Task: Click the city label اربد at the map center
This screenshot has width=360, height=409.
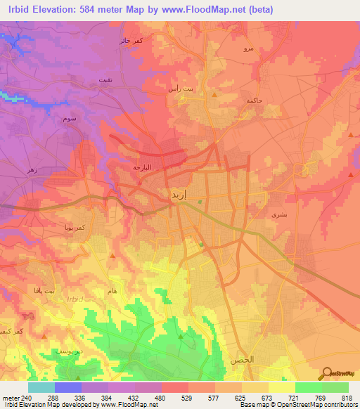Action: pos(178,194)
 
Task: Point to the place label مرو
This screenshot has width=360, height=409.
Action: pos(247,48)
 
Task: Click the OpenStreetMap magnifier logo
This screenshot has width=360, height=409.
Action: pos(327,372)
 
